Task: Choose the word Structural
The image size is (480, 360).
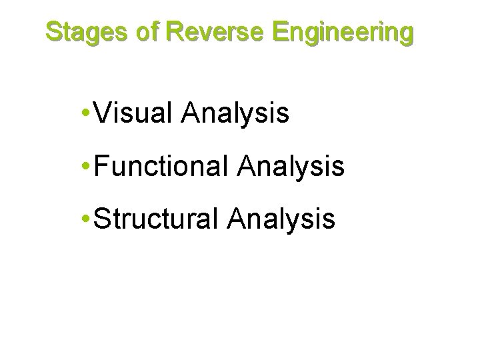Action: [x=157, y=218]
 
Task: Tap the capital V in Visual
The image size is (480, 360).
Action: [x=103, y=114]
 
